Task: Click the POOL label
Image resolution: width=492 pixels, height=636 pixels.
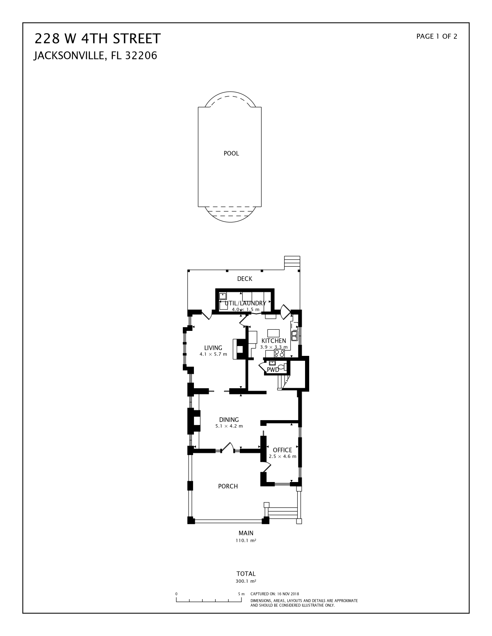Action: (x=231, y=153)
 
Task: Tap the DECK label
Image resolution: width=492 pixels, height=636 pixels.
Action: (x=245, y=278)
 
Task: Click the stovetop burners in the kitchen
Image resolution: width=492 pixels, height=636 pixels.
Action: (x=279, y=353)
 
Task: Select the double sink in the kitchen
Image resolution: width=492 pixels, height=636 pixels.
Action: (x=294, y=336)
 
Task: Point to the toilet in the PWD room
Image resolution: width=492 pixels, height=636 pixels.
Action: (x=282, y=367)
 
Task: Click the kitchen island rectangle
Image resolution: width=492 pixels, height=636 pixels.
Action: (x=273, y=333)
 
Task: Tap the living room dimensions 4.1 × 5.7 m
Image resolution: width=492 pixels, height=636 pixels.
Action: (x=213, y=354)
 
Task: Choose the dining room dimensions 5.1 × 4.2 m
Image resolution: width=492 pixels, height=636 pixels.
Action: (x=229, y=426)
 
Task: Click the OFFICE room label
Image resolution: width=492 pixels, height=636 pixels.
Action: (x=282, y=450)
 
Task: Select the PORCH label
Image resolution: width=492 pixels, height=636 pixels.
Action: (x=228, y=486)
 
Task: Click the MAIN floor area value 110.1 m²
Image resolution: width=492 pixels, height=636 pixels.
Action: (x=246, y=540)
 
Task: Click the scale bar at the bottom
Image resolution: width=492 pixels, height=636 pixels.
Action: (x=209, y=600)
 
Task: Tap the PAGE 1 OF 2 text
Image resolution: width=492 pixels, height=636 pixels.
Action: (x=437, y=36)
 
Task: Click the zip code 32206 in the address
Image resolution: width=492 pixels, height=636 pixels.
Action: (x=141, y=56)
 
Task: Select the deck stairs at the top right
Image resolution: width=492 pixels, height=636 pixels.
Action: (x=292, y=263)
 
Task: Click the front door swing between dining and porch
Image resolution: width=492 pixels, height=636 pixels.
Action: (x=228, y=448)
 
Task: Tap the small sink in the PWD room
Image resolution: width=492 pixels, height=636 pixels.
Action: (x=272, y=363)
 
